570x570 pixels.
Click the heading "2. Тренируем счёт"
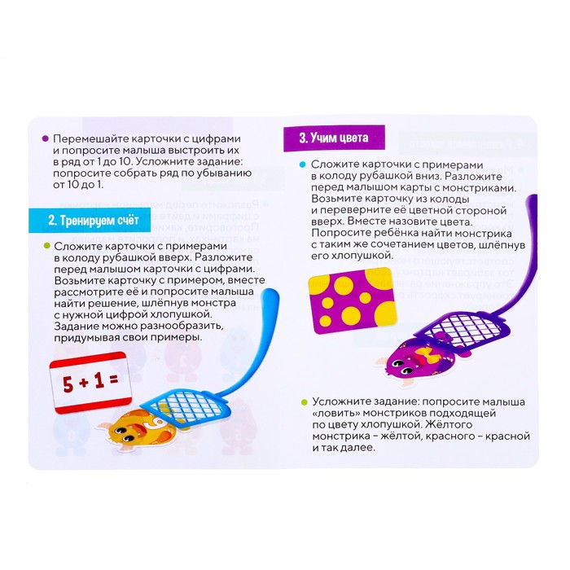[x=94, y=221]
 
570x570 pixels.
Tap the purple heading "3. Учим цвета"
[x=334, y=138]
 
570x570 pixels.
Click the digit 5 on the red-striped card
[x=68, y=384]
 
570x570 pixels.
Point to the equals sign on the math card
[x=113, y=379]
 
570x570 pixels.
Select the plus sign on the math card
[x=84, y=383]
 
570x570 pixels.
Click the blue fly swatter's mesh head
[x=186, y=405]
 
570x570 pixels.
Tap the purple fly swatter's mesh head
[x=463, y=332]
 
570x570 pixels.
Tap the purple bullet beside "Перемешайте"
[x=45, y=138]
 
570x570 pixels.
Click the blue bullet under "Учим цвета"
[x=302, y=164]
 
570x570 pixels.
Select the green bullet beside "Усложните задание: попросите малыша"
[x=304, y=402]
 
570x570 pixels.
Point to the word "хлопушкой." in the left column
[x=193, y=313]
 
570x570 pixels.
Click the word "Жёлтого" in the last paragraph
[x=449, y=424]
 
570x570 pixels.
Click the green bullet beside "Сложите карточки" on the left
[x=46, y=246]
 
